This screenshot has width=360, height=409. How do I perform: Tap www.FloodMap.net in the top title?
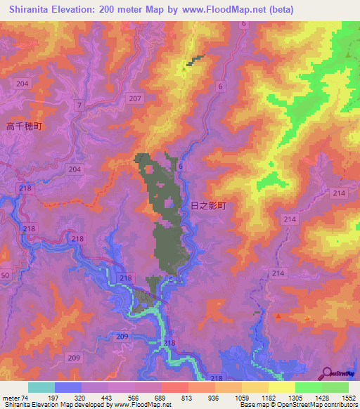220,9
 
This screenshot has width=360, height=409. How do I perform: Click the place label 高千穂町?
25,126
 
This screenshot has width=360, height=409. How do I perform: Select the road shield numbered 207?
136,99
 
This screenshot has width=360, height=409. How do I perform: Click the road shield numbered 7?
80,105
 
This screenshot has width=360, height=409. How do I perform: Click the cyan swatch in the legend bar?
41,387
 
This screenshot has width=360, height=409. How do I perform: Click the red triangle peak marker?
279,317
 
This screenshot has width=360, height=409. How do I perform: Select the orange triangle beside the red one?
308,318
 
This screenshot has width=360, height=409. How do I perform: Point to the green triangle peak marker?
348,55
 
